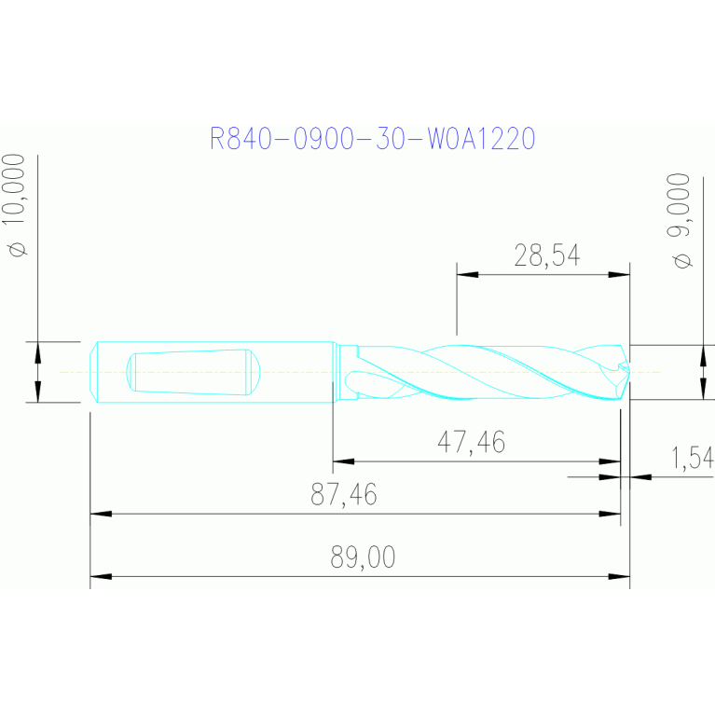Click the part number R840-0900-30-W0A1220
pyautogui.click(x=372, y=139)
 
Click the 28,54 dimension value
pyautogui.click(x=547, y=255)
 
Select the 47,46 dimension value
pyautogui.click(x=471, y=442)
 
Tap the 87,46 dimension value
pyautogui.click(x=344, y=494)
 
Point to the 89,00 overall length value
pyautogui.click(x=363, y=557)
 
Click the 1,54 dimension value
pyautogui.click(x=693, y=458)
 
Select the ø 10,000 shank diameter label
pyautogui.click(x=14, y=205)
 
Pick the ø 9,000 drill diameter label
pyautogui.click(x=679, y=221)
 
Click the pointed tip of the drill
pyautogui.click(x=629, y=372)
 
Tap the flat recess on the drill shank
pyautogui.click(x=193, y=372)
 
